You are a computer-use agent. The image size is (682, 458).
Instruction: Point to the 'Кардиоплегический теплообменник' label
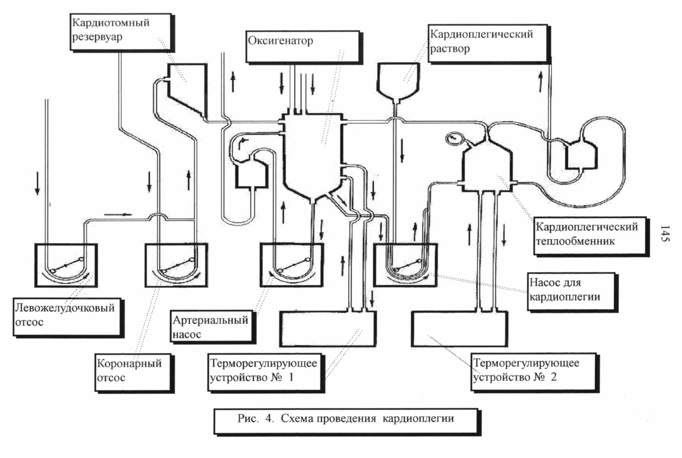(591, 237)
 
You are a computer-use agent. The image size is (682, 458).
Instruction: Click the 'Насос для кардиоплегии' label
(573, 292)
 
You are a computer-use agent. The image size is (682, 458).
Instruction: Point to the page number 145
(665, 233)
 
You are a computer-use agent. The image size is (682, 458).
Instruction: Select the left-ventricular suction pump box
(66, 265)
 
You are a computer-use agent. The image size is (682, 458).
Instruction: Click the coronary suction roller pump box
(176, 265)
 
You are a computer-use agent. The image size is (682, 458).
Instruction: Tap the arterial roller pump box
(292, 265)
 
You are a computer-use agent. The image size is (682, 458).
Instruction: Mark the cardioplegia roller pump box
(406, 265)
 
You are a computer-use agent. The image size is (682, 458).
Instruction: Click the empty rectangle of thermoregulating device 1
(328, 329)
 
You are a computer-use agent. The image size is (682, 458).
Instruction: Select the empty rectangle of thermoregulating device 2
(460, 329)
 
